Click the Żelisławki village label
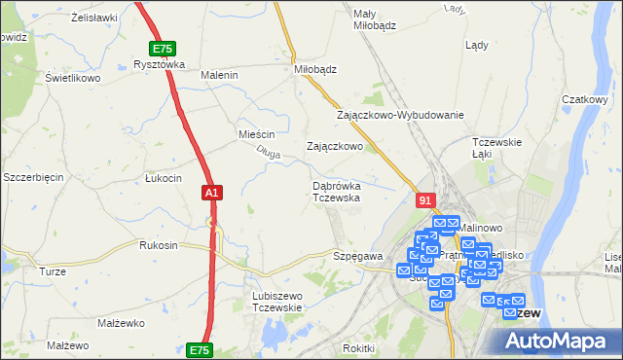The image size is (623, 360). coord(94,18)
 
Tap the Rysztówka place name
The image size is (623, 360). coord(159,65)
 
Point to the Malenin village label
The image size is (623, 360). coord(219,75)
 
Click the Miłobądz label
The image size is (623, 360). coord(315,70)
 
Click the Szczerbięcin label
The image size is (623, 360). coord(33,177)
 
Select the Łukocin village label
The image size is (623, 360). coord(163,178)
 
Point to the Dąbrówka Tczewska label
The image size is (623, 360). coord(337,191)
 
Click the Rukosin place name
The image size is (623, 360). coord(159,245)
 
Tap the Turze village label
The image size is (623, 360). coord(52,271)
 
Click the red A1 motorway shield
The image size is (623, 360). coord(212,194)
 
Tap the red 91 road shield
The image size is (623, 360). coord(424,199)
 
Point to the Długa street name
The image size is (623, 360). coord(269,151)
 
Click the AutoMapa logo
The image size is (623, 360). coord(558,341)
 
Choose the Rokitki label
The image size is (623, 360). coord(358,348)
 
